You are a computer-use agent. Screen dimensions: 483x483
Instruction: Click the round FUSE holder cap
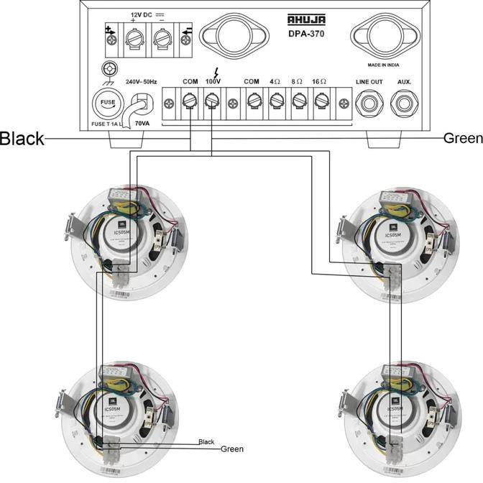click(107, 103)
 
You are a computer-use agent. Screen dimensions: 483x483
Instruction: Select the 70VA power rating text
click(142, 124)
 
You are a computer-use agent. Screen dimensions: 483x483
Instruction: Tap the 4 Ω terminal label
click(275, 82)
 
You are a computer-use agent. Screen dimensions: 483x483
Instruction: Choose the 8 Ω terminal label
click(298, 82)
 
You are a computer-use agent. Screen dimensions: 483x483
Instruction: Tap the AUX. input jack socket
click(404, 104)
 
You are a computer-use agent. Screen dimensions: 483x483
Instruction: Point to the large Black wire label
click(22, 138)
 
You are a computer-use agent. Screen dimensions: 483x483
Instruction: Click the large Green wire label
click(463, 138)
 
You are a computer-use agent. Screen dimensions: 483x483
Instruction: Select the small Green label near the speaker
click(231, 449)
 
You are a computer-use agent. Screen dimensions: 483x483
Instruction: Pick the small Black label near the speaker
click(206, 442)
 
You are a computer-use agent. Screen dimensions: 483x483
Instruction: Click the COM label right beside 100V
click(190, 82)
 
